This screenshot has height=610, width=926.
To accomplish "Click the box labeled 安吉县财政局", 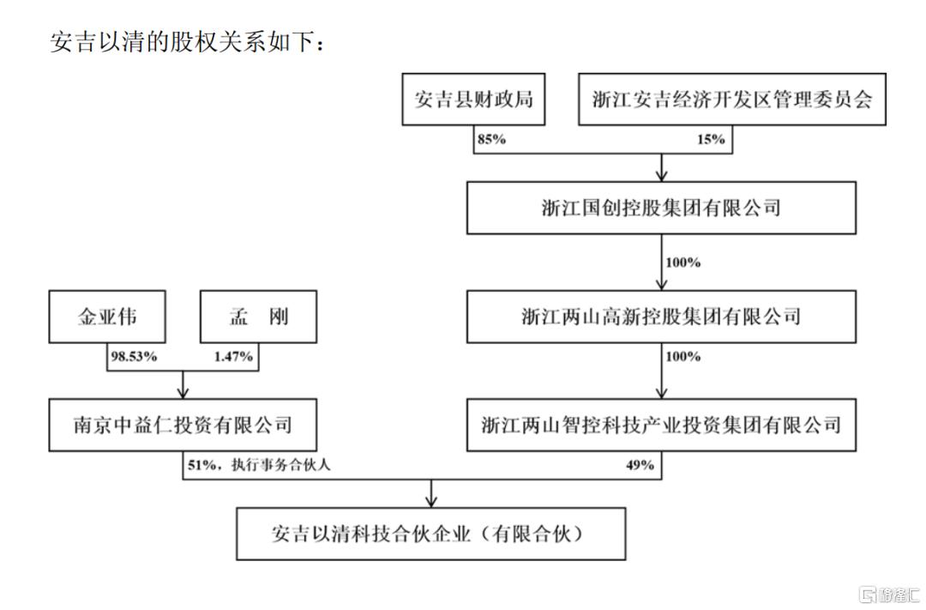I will click(474, 100).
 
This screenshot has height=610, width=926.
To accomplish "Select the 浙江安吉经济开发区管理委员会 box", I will click(732, 100).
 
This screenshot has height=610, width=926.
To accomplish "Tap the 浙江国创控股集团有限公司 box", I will click(661, 208).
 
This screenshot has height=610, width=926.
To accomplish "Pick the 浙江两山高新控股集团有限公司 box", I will click(661, 316).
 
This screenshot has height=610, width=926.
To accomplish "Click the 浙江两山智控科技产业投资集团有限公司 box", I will click(661, 424).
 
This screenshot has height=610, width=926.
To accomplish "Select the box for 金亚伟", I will click(107, 317).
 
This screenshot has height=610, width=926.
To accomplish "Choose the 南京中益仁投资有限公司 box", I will click(183, 424).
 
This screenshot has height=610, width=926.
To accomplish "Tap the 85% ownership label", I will click(491, 139).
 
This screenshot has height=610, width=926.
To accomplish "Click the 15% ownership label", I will click(711, 139).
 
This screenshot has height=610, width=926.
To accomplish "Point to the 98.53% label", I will click(134, 356).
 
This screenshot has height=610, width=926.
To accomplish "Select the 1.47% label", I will click(233, 356).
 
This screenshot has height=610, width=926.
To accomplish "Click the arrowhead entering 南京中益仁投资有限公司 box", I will click(183, 393).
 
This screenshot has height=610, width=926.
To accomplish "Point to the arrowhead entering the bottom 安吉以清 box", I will click(431, 501).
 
